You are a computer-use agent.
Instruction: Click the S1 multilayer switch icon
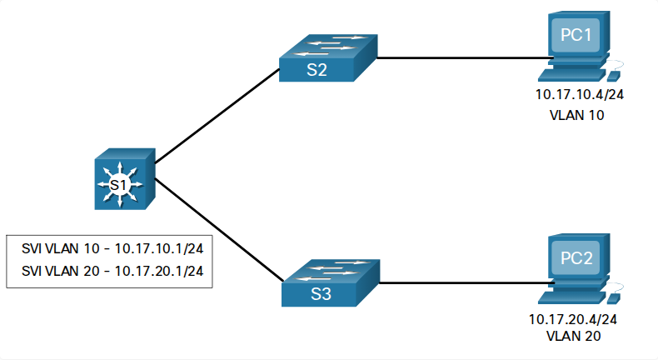coord(125,178)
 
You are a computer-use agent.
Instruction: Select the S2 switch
coord(328,58)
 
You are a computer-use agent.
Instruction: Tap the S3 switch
coord(331,282)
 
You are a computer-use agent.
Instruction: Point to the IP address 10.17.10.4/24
coord(579,94)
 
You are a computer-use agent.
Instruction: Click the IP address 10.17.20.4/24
coord(573,319)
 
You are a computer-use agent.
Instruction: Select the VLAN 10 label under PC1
coord(576,115)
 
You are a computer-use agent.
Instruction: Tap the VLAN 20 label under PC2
coord(573,336)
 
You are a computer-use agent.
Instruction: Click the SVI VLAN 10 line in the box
coord(112,248)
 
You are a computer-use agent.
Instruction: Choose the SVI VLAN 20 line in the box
coord(112,271)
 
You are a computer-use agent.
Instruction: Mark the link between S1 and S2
coord(217,116)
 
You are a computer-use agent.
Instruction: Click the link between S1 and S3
coord(220,230)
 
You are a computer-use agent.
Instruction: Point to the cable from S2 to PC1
coord(465,58)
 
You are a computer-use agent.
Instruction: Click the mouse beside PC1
coord(614,76)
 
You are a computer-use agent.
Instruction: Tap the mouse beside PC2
coord(614,298)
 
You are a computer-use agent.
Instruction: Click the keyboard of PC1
coord(572,75)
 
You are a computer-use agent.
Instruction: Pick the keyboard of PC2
coord(572,297)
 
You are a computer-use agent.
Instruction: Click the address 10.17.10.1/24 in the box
coord(159,248)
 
